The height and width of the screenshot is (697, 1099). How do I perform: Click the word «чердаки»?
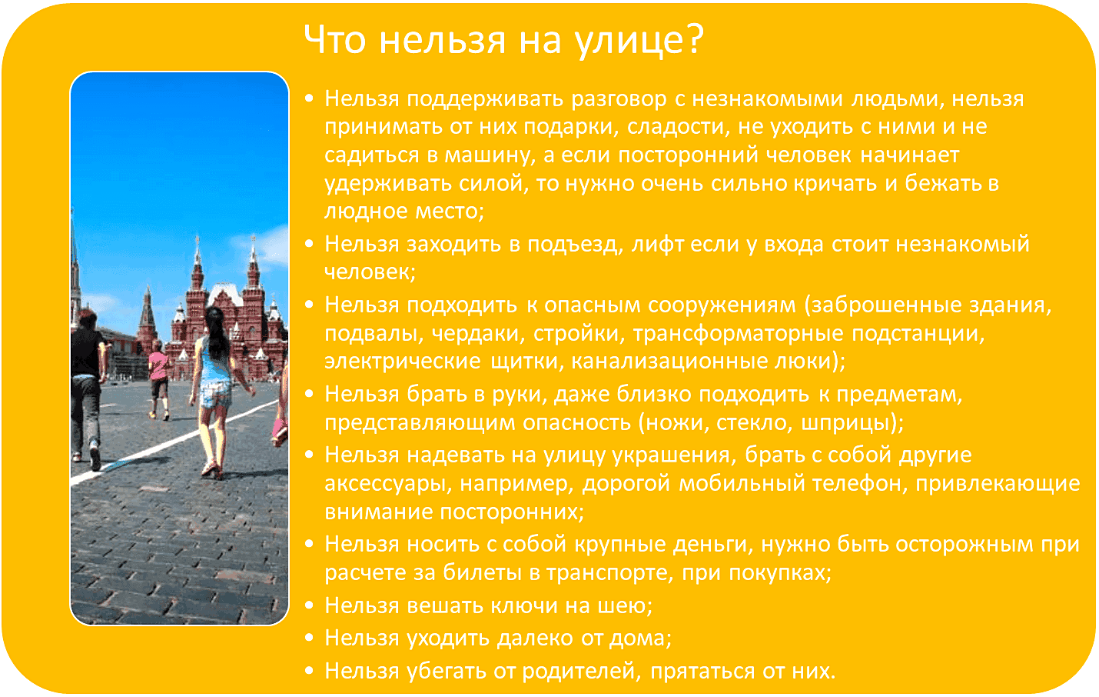tap(478, 334)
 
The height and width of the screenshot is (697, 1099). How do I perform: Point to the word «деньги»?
tap(713, 545)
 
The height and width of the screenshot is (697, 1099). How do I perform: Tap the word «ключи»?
tap(524, 605)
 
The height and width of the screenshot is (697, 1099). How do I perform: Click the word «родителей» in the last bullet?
tap(581, 672)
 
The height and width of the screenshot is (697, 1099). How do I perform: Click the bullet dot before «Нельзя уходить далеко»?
tap(309, 639)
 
